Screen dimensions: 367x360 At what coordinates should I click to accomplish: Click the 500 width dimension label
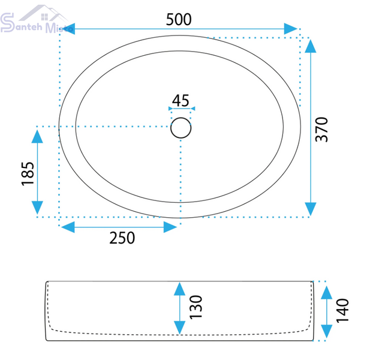coord(179,19)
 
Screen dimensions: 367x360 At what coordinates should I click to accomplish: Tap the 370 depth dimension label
coord(321,129)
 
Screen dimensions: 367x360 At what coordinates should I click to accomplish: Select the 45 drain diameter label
coord(181,101)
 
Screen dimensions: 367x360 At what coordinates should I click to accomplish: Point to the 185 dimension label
coord(28,174)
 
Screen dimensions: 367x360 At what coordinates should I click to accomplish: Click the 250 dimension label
coord(122,238)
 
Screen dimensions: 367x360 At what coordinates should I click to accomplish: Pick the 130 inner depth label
coord(195,307)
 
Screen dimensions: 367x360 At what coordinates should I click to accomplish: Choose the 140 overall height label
coord(342,311)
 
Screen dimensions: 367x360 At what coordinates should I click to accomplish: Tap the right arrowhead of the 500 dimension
coord(290,29)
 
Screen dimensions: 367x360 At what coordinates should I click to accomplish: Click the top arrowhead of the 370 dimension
coord(311,46)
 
